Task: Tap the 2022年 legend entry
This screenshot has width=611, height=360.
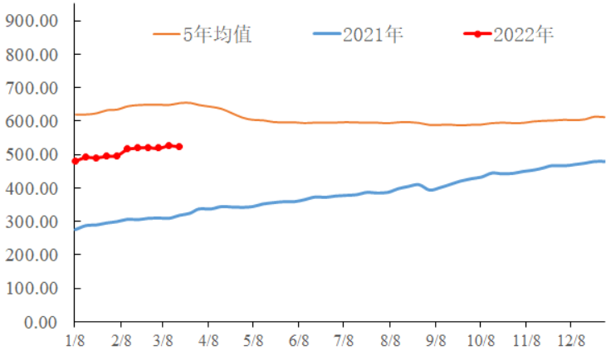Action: click(523, 35)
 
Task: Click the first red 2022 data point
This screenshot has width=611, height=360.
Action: click(75, 161)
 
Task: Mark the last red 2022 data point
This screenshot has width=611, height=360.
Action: click(179, 147)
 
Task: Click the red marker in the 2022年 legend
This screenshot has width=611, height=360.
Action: click(477, 35)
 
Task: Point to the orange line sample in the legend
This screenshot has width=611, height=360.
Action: click(167, 35)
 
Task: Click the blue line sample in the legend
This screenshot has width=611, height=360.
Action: click(326, 35)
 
